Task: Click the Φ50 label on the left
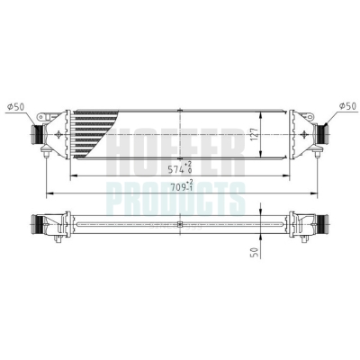click(x=16, y=107)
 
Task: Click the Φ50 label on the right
click(x=347, y=106)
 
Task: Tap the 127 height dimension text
click(x=255, y=135)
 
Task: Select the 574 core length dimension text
click(x=180, y=168)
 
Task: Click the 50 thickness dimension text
click(x=255, y=253)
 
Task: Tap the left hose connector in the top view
click(x=37, y=134)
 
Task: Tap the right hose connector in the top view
click(x=322, y=134)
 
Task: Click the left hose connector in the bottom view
click(x=37, y=224)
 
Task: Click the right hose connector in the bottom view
click(x=322, y=224)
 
